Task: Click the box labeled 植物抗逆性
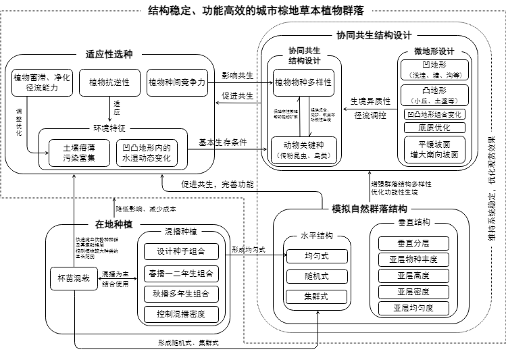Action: click(x=109, y=83)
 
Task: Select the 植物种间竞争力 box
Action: click(x=177, y=83)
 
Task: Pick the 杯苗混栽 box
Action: click(x=71, y=278)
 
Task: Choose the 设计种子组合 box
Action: click(x=181, y=252)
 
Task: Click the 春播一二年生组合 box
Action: click(x=181, y=273)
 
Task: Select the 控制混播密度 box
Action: click(x=181, y=314)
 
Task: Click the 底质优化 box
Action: click(x=434, y=127)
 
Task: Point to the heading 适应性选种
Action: click(x=109, y=55)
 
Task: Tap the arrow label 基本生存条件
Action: click(x=222, y=143)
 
